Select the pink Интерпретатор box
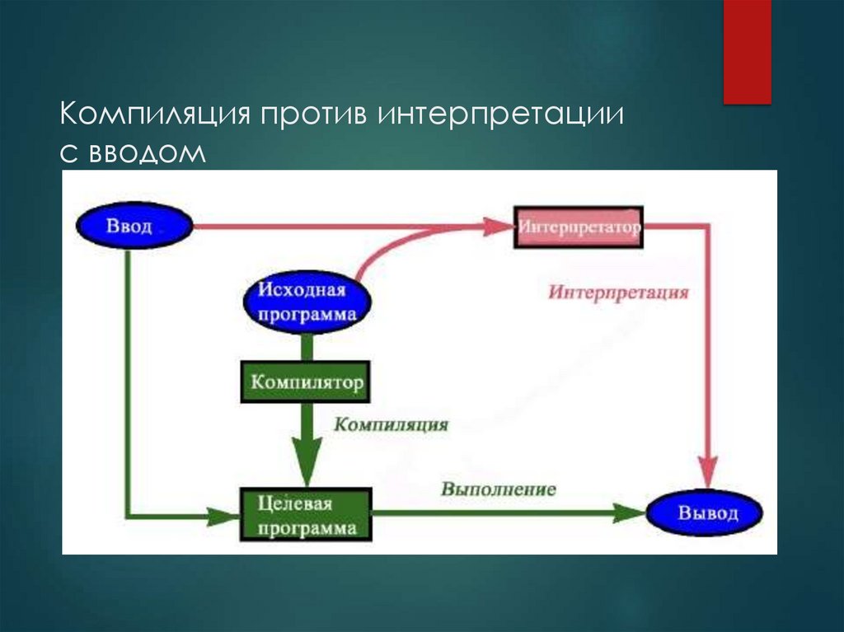click(x=579, y=227)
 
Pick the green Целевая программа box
click(x=306, y=514)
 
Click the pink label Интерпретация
click(x=618, y=293)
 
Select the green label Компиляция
click(x=391, y=425)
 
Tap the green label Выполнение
click(x=498, y=489)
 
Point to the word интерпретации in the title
click(x=499, y=115)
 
